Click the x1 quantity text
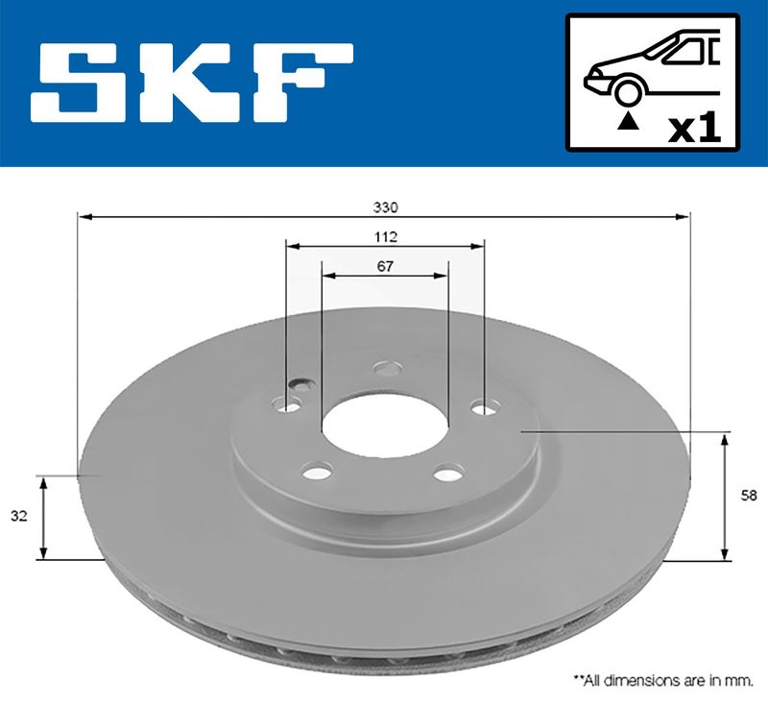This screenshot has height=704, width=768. click(695, 128)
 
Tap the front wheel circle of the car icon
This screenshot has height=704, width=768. click(628, 91)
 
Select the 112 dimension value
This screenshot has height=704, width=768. click(384, 235)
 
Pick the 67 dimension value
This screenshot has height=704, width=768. click(384, 266)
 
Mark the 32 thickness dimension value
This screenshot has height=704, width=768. click(18, 516)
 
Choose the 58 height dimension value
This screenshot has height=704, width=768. click(750, 496)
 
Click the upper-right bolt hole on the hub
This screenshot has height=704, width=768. click(483, 408)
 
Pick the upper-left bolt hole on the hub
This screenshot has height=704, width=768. click(287, 405)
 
